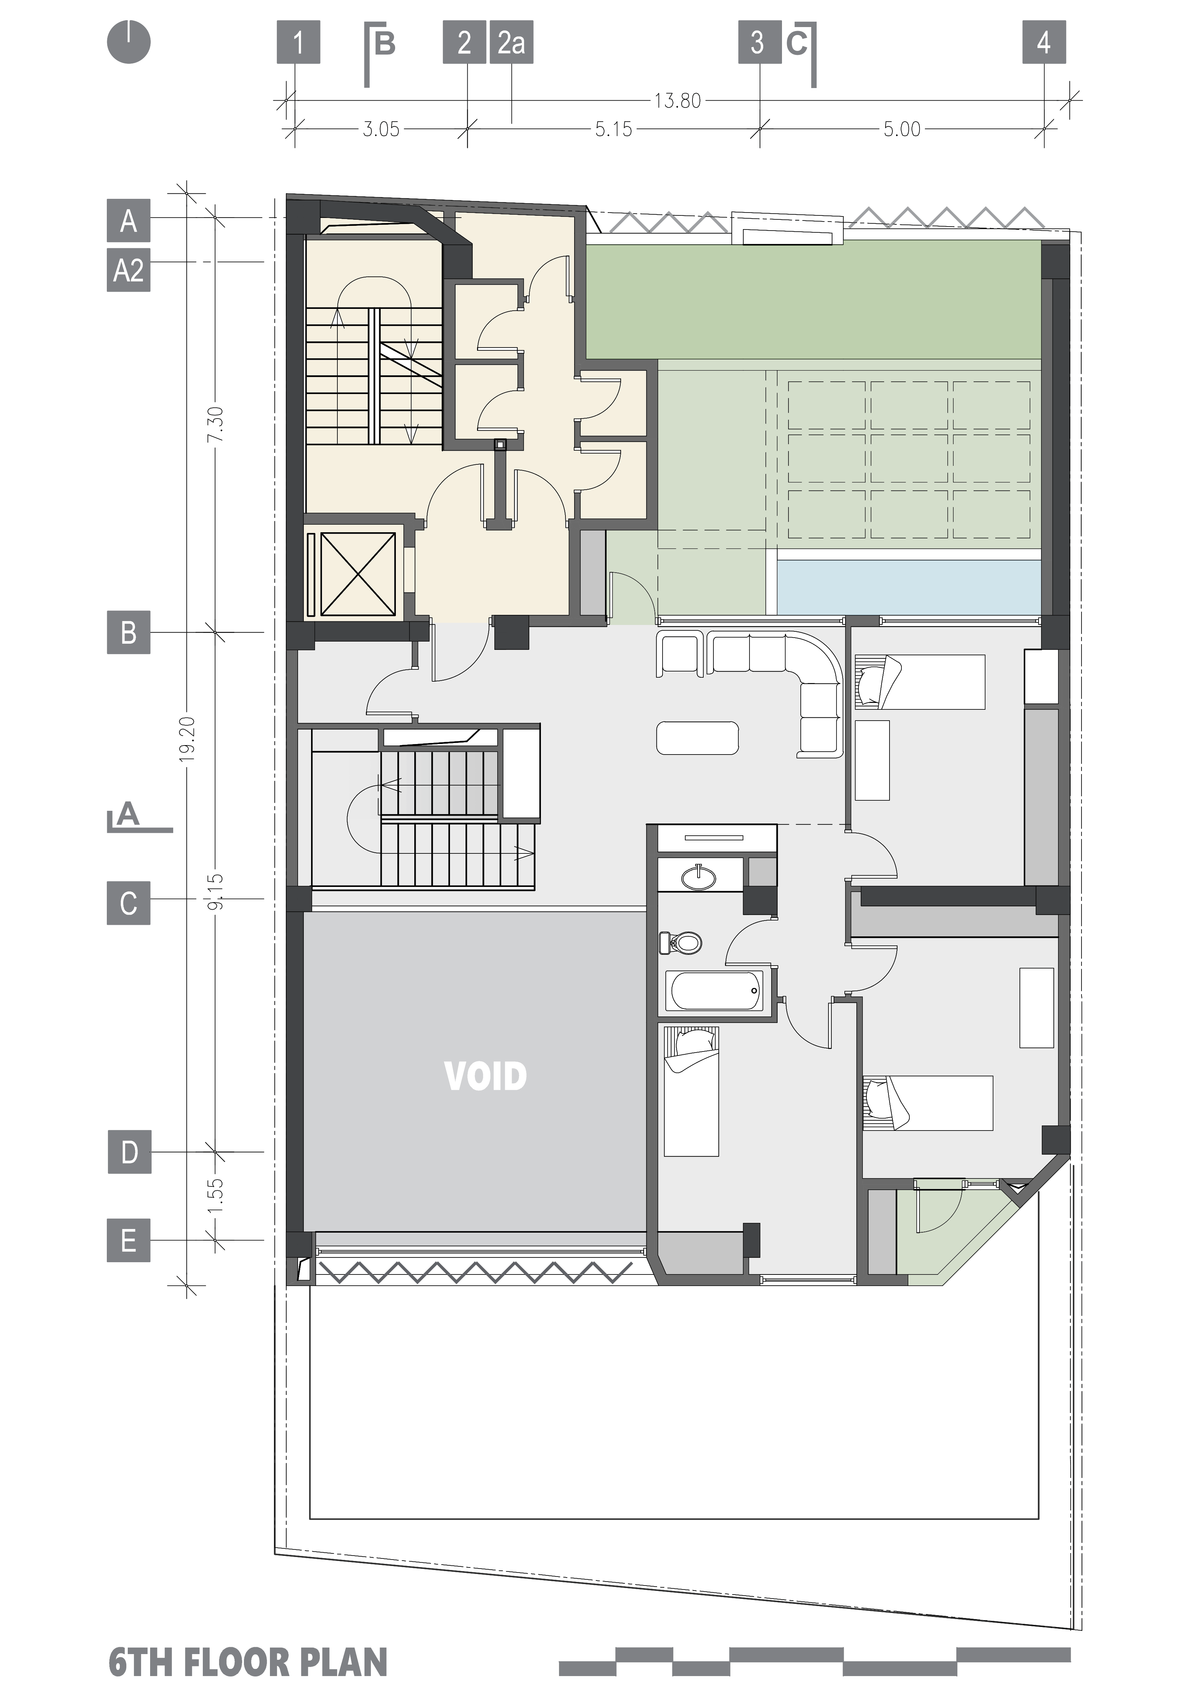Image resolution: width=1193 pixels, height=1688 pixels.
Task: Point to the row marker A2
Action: click(128, 271)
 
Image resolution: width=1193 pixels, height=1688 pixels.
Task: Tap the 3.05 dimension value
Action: click(381, 130)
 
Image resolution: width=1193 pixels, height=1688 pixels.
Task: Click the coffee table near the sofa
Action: click(697, 738)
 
